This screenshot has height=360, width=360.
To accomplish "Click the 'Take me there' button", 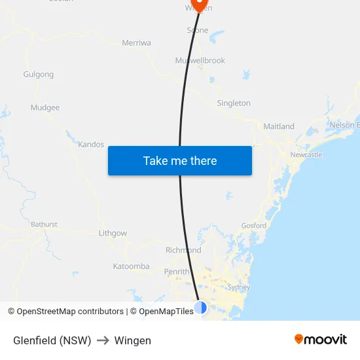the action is pyautogui.click(x=180, y=161).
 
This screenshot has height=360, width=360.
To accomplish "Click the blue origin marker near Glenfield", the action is pyautogui.click(x=200, y=307).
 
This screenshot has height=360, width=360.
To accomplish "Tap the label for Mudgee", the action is pyautogui.click(x=45, y=107).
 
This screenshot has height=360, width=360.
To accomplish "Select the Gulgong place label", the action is pyautogui.click(x=39, y=74).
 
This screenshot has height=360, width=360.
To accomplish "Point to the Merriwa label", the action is pyautogui.click(x=136, y=43).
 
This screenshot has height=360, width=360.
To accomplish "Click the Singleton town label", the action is pyautogui.click(x=234, y=103).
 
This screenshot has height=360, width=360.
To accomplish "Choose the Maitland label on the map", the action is pyautogui.click(x=279, y=126).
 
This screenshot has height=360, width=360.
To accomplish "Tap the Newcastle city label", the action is pyautogui.click(x=306, y=154).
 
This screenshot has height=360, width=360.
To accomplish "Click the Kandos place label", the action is pyautogui.click(x=91, y=144).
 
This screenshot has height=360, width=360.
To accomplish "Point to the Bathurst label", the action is pyautogui.click(x=44, y=224).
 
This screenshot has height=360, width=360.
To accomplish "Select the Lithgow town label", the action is pyautogui.click(x=113, y=233).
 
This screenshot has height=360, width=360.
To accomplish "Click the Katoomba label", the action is pyautogui.click(x=131, y=266).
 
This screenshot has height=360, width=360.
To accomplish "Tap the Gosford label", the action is pyautogui.click(x=254, y=226).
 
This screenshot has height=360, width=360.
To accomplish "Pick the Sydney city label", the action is pyautogui.click(x=239, y=287).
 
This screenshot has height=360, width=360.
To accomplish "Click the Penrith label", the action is pyautogui.click(x=177, y=272).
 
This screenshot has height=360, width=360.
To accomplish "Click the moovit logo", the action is pyautogui.click(x=321, y=340).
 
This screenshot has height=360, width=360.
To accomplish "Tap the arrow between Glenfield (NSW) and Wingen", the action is pyautogui.click(x=103, y=340).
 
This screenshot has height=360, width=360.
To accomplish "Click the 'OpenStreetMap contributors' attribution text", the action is pyautogui.click(x=70, y=312).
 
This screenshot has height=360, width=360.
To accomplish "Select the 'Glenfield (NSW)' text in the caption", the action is pyautogui.click(x=52, y=340).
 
